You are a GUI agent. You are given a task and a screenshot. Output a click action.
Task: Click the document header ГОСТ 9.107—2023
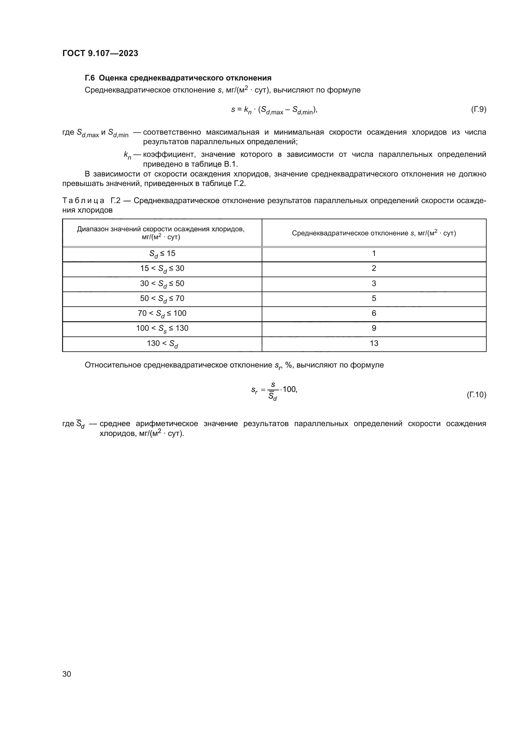[x=100, y=53]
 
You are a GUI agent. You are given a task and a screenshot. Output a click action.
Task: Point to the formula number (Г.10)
[x=476, y=394]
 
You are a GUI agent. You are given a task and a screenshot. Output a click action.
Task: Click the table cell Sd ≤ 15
[x=162, y=254]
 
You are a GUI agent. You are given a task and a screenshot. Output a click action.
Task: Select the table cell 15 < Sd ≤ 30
[x=162, y=269]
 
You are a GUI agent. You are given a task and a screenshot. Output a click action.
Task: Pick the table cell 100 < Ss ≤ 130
[x=162, y=329]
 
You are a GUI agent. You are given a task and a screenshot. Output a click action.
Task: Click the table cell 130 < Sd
[x=162, y=344]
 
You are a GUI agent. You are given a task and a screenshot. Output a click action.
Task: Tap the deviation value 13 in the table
[x=374, y=343]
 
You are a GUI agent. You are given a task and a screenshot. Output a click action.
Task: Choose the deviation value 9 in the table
[x=374, y=328]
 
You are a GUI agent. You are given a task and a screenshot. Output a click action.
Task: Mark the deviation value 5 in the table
[x=374, y=298]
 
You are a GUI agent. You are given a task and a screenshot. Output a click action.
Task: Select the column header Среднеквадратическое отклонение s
[x=374, y=233]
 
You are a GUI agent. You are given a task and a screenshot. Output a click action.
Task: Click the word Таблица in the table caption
[x=83, y=201]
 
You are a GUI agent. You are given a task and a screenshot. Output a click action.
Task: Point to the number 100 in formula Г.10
[x=289, y=389]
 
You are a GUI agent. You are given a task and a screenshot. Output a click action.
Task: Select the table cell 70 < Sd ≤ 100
[x=162, y=313]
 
